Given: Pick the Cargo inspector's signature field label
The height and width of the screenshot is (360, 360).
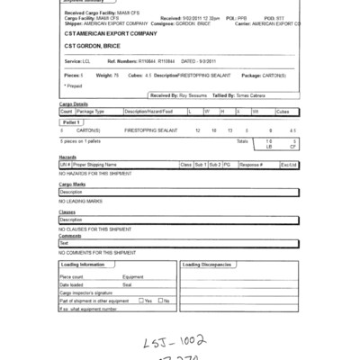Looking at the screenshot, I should click(88, 292).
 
